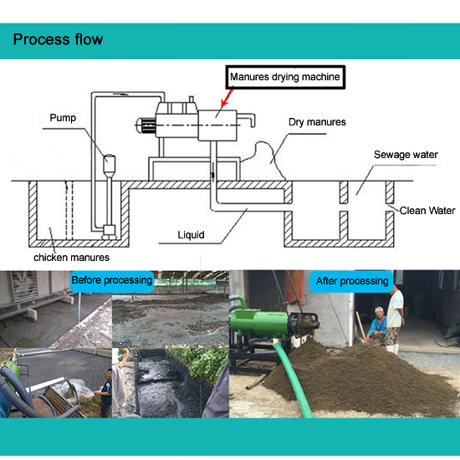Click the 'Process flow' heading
click(58, 39)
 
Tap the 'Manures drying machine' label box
click(285, 77)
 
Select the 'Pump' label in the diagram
click(63, 118)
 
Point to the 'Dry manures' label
click(317, 122)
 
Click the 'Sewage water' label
click(406, 155)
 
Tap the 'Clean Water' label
click(427, 210)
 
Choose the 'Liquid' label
click(191, 235)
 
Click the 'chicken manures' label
click(71, 258)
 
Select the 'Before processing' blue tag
click(112, 281)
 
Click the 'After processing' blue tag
click(351, 281)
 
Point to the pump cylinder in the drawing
click(109, 165)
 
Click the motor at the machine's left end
click(146, 125)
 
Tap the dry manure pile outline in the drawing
click(265, 158)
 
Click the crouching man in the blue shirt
click(377, 325)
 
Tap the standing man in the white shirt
click(395, 319)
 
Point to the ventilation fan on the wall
click(24, 286)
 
